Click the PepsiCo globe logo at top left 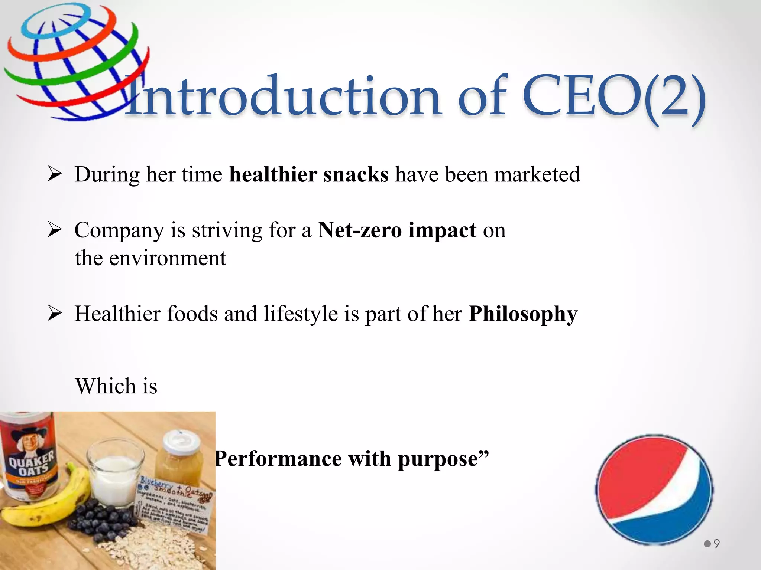pos(76,61)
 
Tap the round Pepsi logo pos(654,490)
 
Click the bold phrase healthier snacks pos(308,174)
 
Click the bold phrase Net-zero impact pos(397,230)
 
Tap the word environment pos(167,258)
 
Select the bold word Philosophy pos(523,314)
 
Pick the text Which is pos(116,386)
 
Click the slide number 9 pos(716,544)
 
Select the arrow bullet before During pos(55,174)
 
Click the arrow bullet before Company pos(55,230)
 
